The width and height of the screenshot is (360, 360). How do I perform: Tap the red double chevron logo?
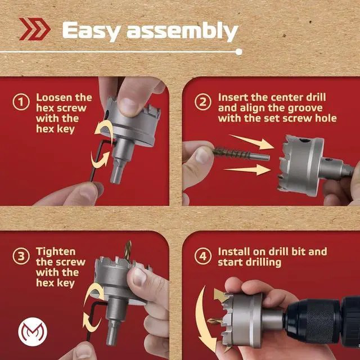(x=35, y=29)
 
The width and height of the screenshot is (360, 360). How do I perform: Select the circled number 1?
(x=21, y=102)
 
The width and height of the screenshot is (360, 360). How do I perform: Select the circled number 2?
(x=203, y=102)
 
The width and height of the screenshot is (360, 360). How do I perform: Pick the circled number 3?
(x=21, y=256)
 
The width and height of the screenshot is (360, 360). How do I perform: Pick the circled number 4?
(x=203, y=256)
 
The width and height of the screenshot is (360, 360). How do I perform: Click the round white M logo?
(x=33, y=332)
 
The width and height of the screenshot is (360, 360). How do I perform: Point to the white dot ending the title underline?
(x=238, y=52)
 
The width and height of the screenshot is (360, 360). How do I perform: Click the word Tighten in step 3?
(x=56, y=251)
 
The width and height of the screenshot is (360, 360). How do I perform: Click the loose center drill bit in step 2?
(x=241, y=154)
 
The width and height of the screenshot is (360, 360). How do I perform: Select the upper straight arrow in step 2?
(x=252, y=142)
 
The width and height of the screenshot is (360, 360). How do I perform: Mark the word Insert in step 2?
(x=233, y=97)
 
